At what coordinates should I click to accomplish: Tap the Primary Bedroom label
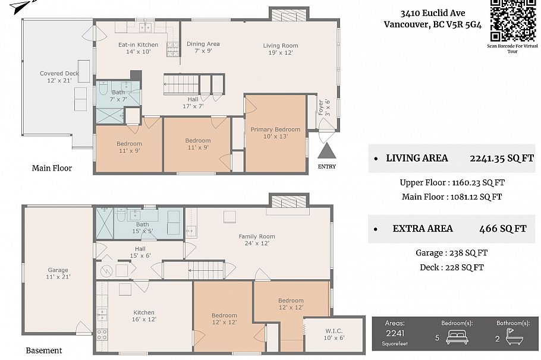coord(275,130)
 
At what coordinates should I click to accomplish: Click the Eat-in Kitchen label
coord(138,45)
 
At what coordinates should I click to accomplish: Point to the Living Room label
coord(281,46)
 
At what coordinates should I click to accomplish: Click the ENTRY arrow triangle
coord(326,151)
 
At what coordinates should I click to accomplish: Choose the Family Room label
coord(257,236)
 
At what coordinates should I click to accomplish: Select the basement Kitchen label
coord(144,312)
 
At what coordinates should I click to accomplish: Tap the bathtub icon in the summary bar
coord(513,337)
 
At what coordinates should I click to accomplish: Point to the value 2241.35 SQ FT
coord(493,158)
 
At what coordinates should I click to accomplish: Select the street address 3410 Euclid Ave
coord(432,13)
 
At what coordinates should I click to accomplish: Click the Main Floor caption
coord(52,168)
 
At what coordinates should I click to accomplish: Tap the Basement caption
coord(44,350)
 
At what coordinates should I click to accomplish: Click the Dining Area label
coord(203,44)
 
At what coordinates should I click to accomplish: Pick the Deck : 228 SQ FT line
coord(451,267)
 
